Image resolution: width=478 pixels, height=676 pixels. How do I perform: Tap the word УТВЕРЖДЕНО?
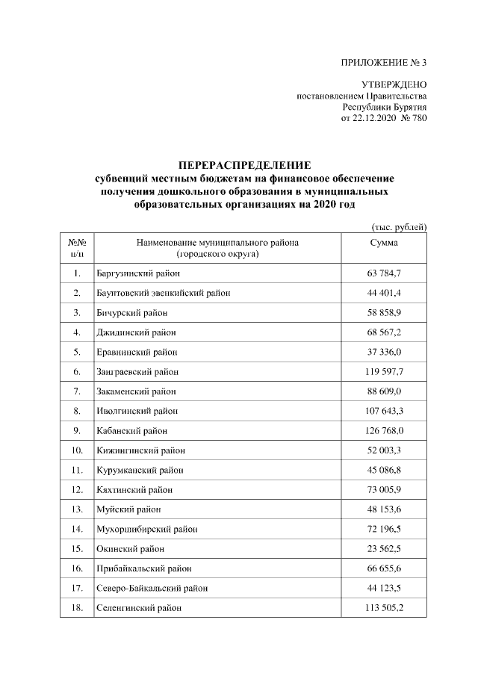pos(394,86)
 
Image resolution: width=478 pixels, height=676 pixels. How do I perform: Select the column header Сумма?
pos(384,243)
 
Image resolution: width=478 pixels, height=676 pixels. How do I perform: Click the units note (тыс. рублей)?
pos(398,226)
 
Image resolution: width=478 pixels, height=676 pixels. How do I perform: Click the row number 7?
pos(77,391)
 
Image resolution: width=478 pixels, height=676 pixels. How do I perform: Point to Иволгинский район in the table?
pos(134,411)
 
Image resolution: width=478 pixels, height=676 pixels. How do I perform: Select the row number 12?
pos(77,490)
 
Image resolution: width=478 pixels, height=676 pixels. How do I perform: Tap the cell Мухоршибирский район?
pos(142,530)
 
